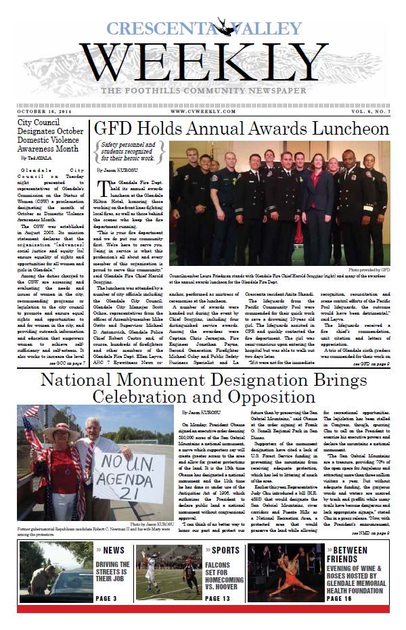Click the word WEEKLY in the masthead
(x=202, y=65)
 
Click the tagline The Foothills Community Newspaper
(x=202, y=91)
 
